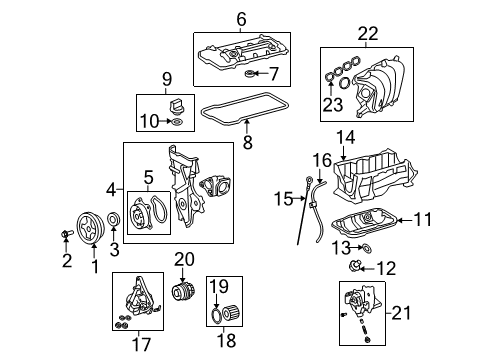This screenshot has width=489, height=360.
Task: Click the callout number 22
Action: point(368,34)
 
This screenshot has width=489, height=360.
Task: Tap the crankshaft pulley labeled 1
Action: point(90,228)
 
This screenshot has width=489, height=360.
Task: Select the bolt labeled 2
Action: point(66,234)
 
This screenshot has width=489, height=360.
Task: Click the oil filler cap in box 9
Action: point(175,106)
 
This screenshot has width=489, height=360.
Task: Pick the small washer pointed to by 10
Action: point(177,122)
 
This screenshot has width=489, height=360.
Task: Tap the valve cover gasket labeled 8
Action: point(245,108)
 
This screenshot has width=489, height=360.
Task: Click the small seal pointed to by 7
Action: point(249,73)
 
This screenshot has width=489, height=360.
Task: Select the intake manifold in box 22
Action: point(380,87)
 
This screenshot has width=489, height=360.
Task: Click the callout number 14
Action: point(345,138)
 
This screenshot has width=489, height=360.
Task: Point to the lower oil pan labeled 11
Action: point(364,222)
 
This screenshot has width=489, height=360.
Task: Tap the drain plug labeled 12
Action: point(353,266)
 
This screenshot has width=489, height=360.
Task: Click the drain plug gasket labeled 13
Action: point(367,248)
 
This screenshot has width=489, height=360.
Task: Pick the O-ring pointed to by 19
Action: point(216,316)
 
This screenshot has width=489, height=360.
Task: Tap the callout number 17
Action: point(141,344)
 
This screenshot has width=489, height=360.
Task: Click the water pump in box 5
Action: point(141,214)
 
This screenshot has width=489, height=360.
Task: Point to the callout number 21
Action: point(401,313)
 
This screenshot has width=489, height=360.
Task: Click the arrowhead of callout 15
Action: point(303,199)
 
